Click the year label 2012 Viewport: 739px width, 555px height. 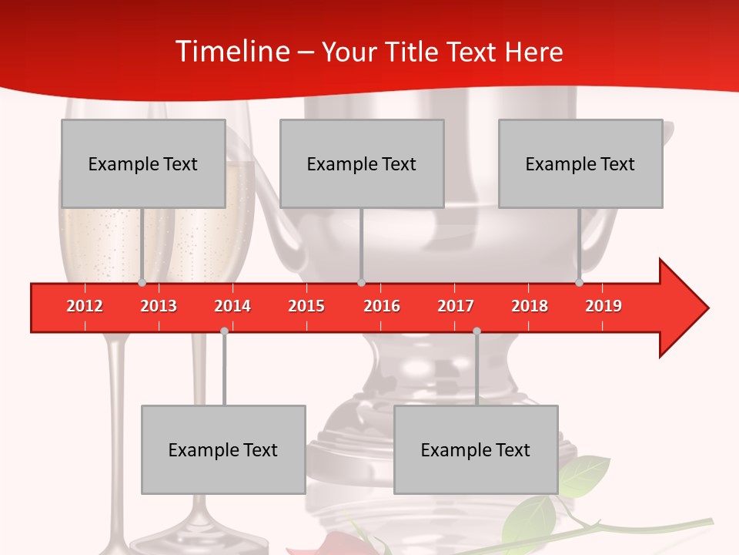point(85,306)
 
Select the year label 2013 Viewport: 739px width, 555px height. point(159,306)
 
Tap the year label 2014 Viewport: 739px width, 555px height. point(232,306)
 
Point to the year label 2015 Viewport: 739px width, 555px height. point(306,306)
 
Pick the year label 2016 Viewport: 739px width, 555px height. point(382,306)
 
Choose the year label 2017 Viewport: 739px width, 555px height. point(456,306)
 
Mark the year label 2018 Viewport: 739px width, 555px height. point(530,306)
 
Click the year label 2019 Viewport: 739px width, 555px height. point(604,306)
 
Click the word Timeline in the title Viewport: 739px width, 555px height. point(231,51)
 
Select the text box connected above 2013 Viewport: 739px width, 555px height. point(143,163)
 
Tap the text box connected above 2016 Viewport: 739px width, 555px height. point(362,163)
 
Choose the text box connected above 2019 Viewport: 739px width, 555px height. point(580,163)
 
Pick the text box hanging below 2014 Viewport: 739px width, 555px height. point(223,449)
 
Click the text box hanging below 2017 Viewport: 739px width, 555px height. point(476,449)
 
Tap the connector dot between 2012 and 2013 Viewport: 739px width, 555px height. point(142,283)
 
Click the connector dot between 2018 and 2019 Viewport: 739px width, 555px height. point(579,283)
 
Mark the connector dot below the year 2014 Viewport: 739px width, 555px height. point(224,331)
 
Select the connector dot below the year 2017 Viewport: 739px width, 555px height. point(477,331)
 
